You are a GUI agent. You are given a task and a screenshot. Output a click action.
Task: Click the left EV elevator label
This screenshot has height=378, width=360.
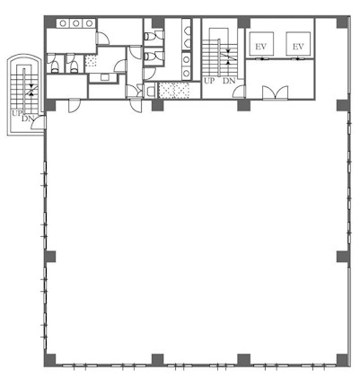(x=260, y=47)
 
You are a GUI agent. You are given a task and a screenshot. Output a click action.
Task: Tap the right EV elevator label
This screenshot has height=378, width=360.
(x=298, y=47)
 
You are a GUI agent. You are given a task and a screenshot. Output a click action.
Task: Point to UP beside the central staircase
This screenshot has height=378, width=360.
(x=209, y=81)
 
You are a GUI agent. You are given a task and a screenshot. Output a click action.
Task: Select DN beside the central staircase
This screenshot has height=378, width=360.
(x=229, y=81)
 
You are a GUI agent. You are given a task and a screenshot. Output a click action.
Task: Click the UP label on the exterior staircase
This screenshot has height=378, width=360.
(x=17, y=113)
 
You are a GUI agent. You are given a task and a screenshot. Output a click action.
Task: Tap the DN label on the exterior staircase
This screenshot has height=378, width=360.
(x=28, y=119)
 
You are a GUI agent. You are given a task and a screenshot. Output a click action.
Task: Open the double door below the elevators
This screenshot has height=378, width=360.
(x=276, y=92)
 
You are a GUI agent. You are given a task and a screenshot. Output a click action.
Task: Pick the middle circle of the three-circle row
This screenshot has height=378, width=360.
(x=76, y=23)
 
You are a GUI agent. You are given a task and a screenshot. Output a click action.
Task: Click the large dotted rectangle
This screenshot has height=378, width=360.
(x=174, y=90)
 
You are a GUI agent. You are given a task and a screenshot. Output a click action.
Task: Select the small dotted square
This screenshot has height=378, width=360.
(x=91, y=61)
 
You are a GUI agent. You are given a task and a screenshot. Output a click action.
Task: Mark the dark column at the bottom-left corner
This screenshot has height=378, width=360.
(x=50, y=360)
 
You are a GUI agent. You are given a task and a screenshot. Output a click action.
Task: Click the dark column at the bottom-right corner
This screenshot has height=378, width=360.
(x=342, y=360)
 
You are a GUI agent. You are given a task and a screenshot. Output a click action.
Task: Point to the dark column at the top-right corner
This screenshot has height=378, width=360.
(x=342, y=22)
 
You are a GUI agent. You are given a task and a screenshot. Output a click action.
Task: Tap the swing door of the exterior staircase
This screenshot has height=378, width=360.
(x=39, y=123)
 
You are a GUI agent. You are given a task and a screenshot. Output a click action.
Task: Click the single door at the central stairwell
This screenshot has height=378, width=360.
(x=240, y=92)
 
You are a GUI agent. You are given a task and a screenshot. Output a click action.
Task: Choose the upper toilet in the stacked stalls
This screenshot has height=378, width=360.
(x=150, y=36)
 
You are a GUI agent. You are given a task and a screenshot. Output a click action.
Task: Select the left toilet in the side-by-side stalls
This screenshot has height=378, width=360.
(x=55, y=67)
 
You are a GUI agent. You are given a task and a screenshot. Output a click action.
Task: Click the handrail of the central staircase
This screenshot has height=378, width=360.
(x=219, y=57)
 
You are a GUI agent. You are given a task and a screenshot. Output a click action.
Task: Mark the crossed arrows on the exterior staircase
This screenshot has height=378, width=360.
(x=31, y=91)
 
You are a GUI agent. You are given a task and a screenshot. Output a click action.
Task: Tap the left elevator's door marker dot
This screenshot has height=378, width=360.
(x=262, y=59)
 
